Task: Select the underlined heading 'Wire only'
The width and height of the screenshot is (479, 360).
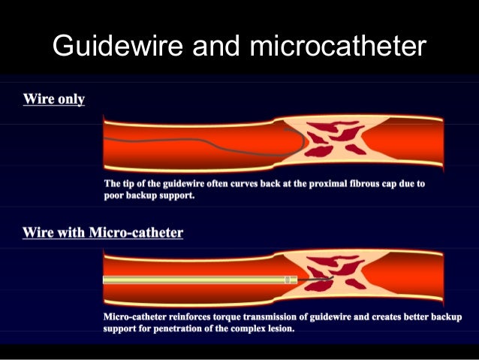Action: click(x=54, y=99)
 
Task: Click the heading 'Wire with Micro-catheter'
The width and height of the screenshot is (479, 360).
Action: click(x=103, y=232)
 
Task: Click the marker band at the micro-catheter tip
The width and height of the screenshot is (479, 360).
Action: click(x=287, y=280)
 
